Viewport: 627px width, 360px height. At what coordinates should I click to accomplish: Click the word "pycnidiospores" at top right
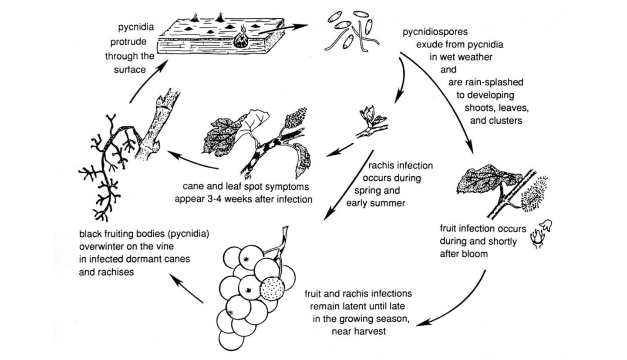pos(435,32)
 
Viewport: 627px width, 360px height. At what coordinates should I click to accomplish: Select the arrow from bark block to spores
pos(283,28)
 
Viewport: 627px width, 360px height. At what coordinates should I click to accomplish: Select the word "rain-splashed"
pos(485,82)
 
